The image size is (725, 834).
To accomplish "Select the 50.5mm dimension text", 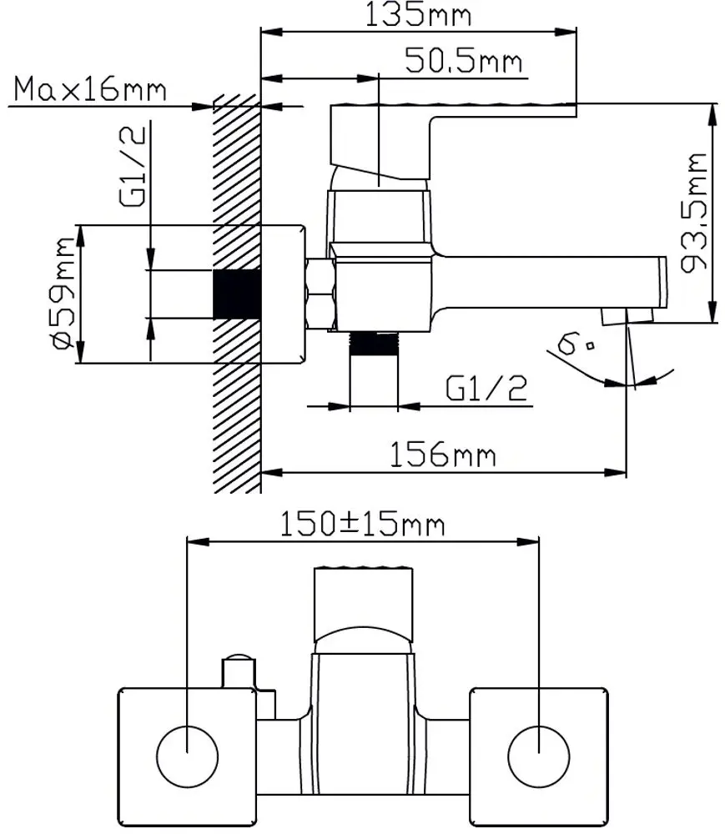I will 463,61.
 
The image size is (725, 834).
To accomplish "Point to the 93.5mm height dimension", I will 694,213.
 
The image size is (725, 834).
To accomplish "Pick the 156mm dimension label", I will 443,455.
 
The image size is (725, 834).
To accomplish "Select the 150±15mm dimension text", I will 361,525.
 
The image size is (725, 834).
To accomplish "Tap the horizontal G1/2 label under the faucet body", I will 486,389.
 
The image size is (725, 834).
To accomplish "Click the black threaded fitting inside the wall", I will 238,294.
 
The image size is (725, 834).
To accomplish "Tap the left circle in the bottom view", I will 188,756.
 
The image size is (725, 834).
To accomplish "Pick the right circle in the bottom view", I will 538,756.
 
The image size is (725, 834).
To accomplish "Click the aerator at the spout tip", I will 627,314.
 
